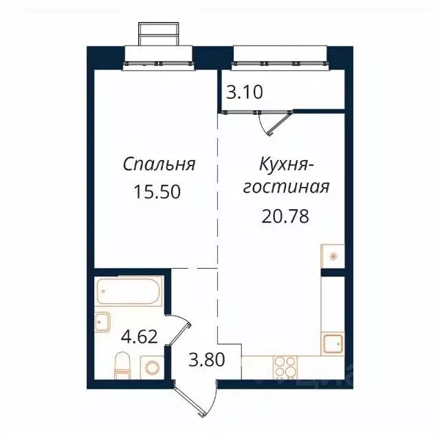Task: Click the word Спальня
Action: (159, 164)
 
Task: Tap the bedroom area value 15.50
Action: (159, 192)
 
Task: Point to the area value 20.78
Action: (285, 217)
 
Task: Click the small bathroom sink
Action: (103, 322)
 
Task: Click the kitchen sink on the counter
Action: (334, 342)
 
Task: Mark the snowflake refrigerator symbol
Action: (333, 257)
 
